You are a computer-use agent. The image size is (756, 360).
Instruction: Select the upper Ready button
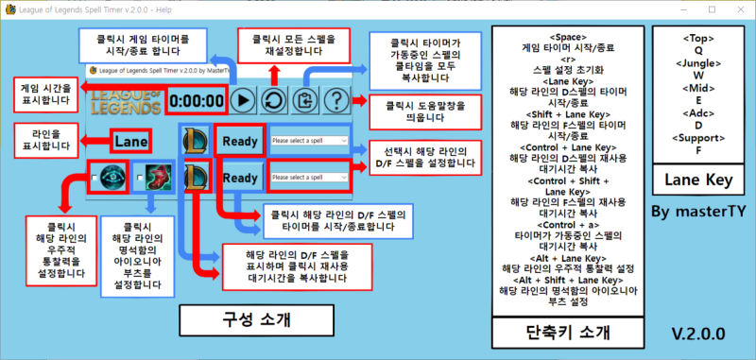coord(239,141)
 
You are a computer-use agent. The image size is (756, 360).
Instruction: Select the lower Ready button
coord(239,177)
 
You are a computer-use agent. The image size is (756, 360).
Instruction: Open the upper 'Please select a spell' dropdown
coord(310,141)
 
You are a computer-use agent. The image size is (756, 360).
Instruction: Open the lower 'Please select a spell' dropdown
coord(310,177)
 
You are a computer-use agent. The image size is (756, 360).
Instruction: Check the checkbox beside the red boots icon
coord(138,177)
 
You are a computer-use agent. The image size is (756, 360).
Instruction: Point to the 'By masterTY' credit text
coord(696,211)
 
